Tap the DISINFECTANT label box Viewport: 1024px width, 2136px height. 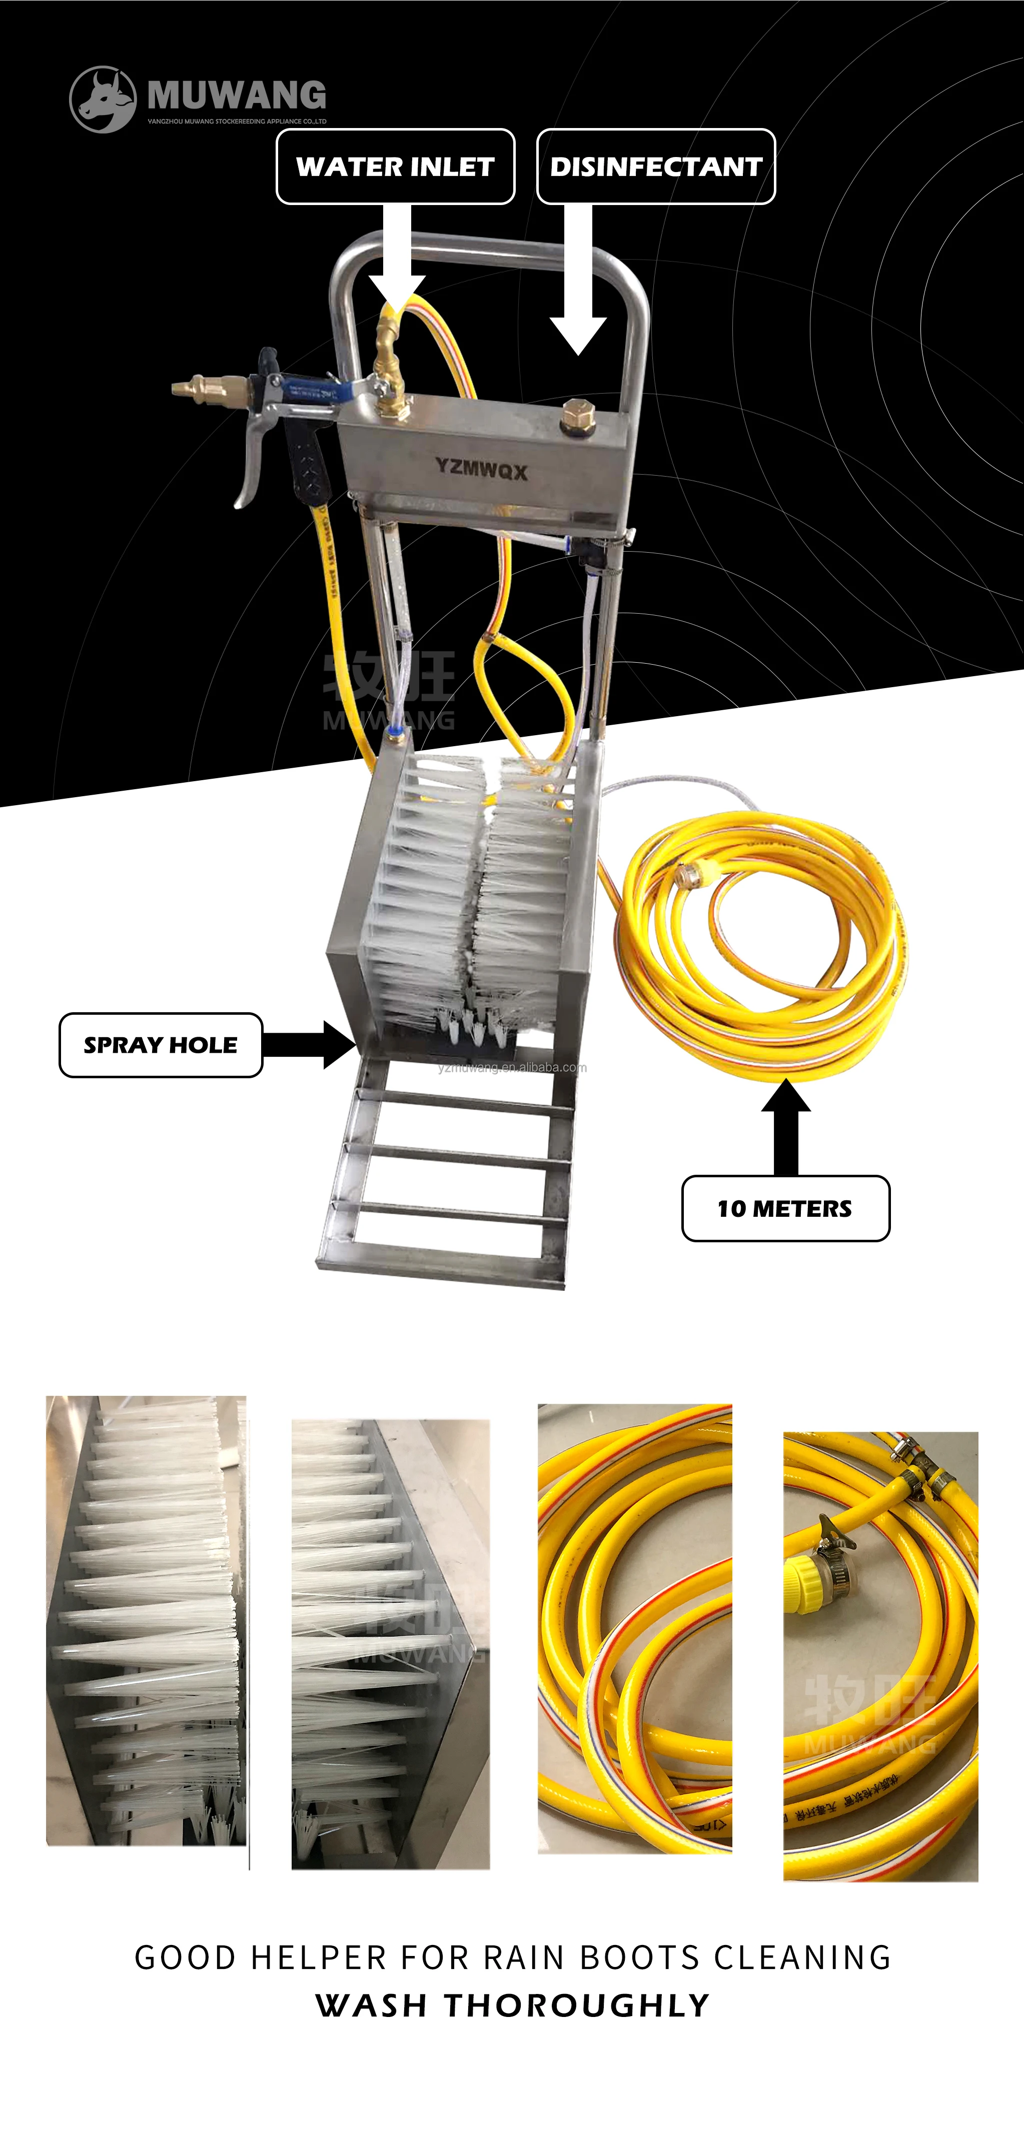(x=656, y=167)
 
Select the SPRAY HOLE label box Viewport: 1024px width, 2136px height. (x=161, y=1045)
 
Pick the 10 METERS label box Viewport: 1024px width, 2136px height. (x=785, y=1208)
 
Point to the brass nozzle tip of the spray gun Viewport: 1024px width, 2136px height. (x=199, y=387)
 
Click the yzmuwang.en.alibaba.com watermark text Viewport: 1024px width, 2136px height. (x=512, y=1067)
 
